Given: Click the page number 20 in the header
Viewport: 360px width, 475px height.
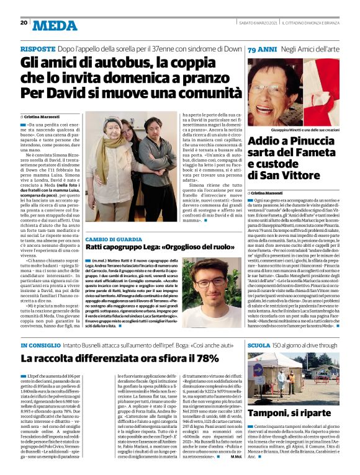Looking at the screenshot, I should point(24,22).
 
